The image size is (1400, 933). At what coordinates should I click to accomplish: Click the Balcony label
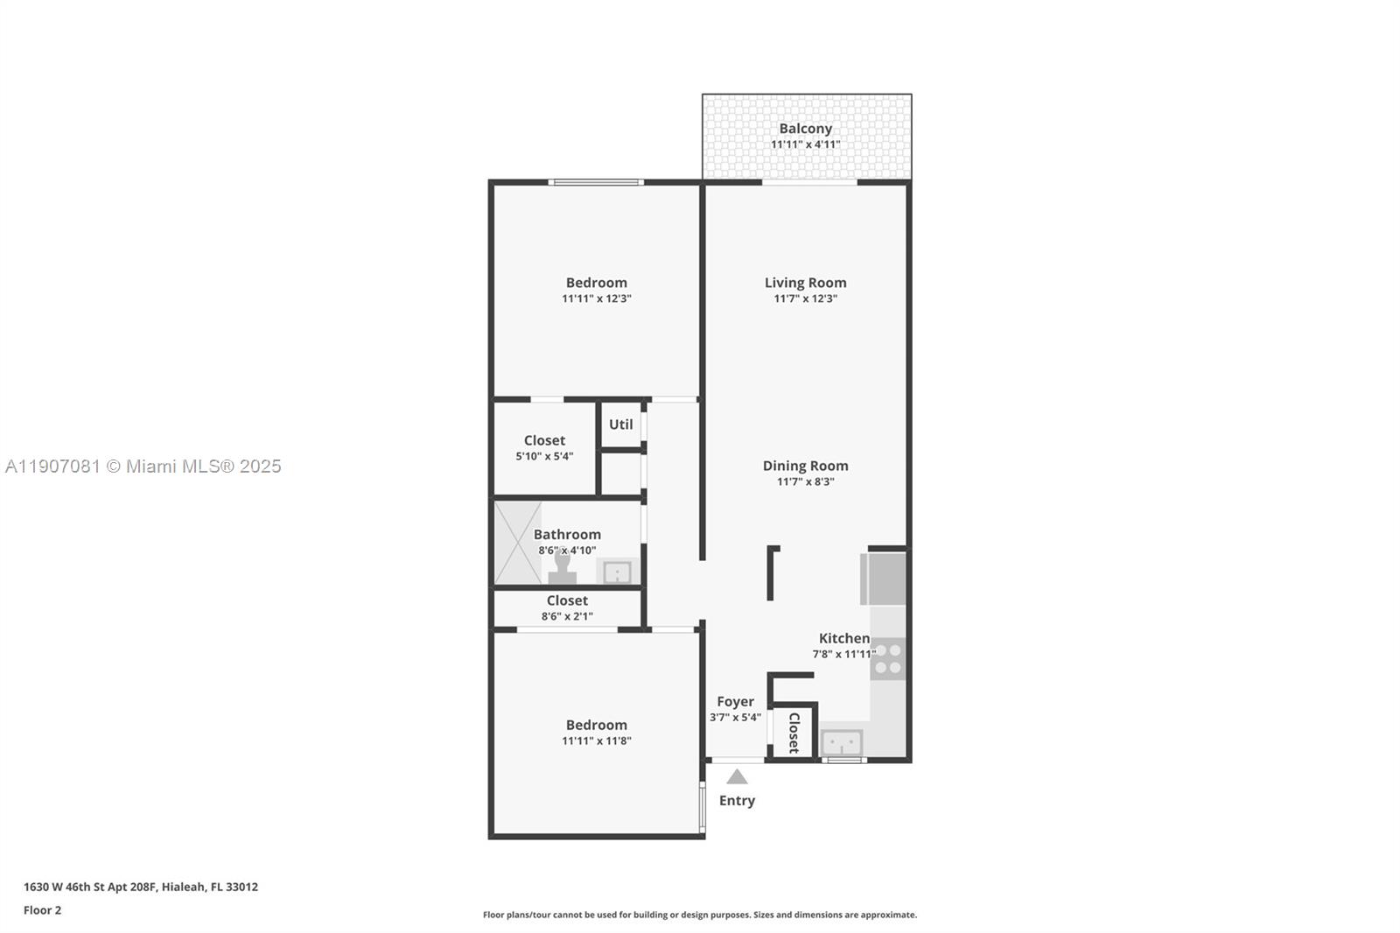click(805, 129)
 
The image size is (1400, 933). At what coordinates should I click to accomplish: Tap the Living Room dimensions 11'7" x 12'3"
click(805, 298)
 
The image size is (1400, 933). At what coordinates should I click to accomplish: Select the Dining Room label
click(805, 466)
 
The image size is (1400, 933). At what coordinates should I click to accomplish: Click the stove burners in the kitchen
click(887, 659)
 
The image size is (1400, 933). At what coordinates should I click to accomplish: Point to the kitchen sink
click(842, 744)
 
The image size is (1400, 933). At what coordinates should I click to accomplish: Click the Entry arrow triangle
click(737, 776)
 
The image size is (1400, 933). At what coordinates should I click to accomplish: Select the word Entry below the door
click(737, 800)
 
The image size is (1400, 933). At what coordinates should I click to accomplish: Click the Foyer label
click(735, 701)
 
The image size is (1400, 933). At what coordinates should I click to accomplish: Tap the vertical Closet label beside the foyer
click(794, 733)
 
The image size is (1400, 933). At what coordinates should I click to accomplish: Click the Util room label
click(620, 424)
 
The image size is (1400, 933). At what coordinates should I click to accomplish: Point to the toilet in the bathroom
click(562, 571)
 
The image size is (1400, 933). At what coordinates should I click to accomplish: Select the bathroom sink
click(617, 572)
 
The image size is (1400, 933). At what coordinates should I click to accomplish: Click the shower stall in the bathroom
click(517, 543)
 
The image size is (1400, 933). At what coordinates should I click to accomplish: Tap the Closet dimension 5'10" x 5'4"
click(544, 456)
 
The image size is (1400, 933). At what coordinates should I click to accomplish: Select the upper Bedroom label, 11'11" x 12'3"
click(596, 283)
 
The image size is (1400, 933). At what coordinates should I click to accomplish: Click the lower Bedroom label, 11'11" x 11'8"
click(596, 725)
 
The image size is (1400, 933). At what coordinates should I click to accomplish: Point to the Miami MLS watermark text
click(143, 466)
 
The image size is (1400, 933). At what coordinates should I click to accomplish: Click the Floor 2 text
click(42, 910)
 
